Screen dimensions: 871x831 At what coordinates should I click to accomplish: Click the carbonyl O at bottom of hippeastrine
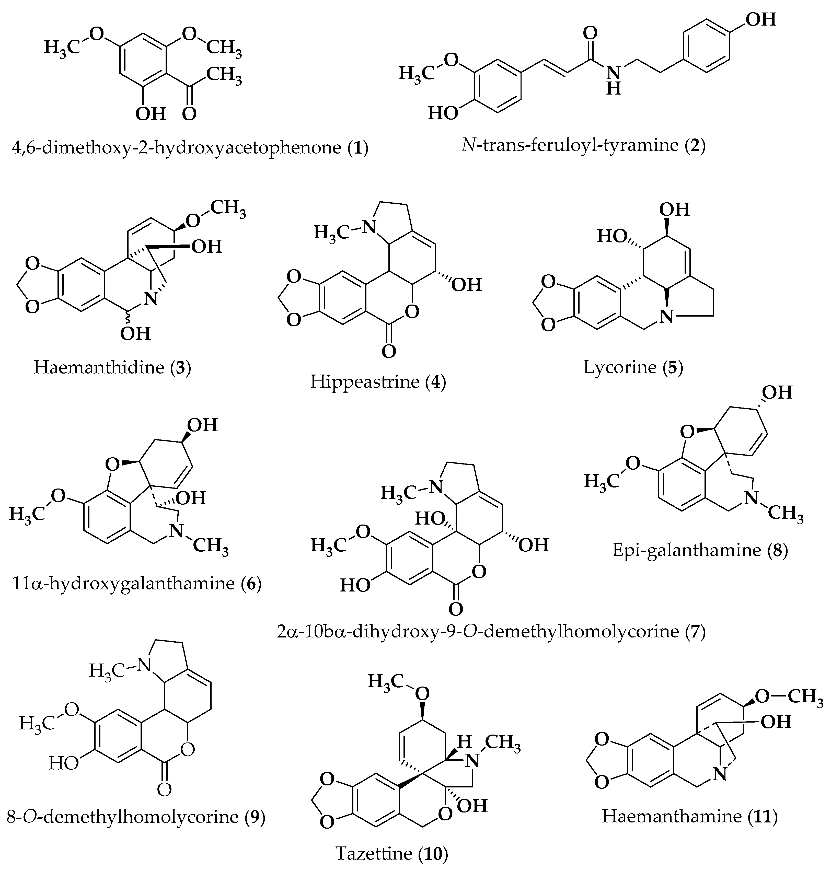388,352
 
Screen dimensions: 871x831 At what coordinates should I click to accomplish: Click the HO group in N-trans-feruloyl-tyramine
443,113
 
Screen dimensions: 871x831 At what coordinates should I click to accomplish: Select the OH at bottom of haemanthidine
135,333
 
